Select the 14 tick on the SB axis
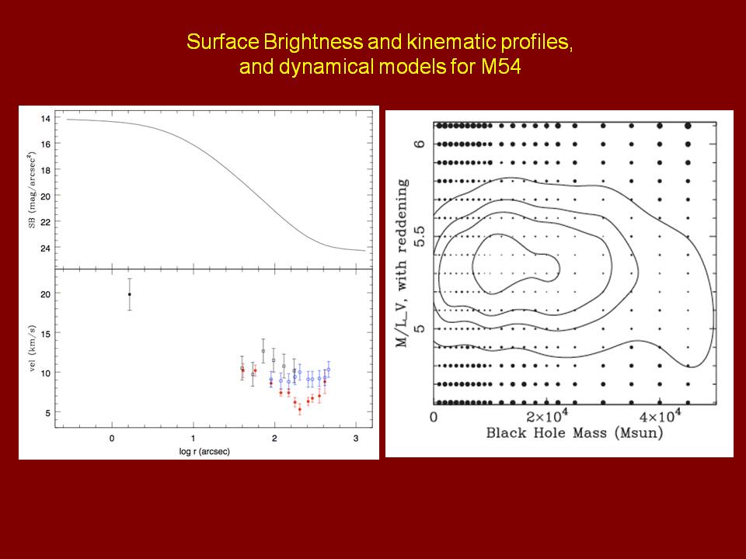(x=46, y=119)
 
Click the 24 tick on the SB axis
(x=46, y=248)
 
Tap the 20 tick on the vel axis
(x=46, y=294)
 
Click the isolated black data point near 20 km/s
(x=130, y=294)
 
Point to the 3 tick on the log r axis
(x=356, y=438)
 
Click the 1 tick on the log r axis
(x=193, y=438)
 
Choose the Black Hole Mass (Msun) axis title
(x=574, y=433)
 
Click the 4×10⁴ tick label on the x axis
(x=660, y=417)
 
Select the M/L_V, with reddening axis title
(x=403, y=264)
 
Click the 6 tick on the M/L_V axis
(x=420, y=144)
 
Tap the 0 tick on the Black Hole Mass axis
(x=435, y=417)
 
